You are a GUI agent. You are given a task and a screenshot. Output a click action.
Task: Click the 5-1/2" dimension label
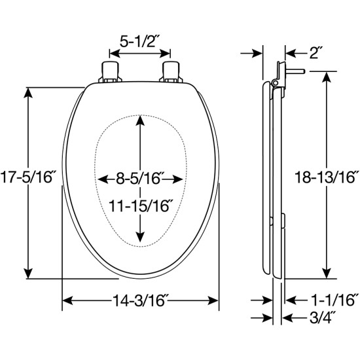(x=139, y=41)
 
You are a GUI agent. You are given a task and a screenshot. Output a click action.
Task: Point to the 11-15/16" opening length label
(x=141, y=206)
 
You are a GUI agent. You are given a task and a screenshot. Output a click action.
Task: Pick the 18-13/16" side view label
(x=327, y=177)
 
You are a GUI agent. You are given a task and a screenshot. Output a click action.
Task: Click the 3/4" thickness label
(x=323, y=317)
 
